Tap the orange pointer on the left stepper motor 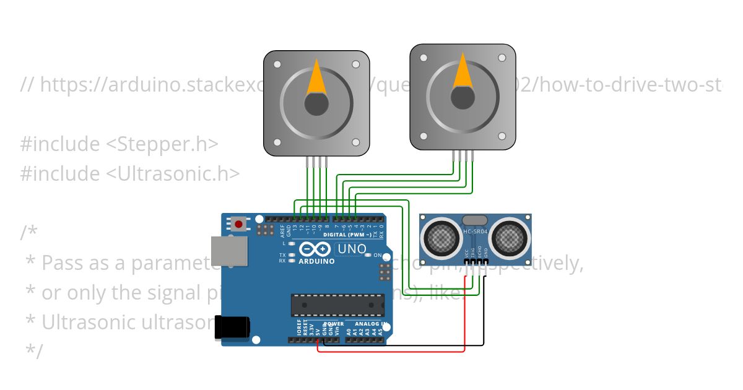pyautogui.click(x=316, y=78)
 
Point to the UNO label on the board pyautogui.click(x=350, y=249)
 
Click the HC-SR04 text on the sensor pyautogui.click(x=476, y=232)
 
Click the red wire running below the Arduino pyautogui.click(x=390, y=352)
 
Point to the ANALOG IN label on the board pyautogui.click(x=371, y=324)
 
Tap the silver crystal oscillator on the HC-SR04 pyautogui.click(x=475, y=220)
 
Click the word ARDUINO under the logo pyautogui.click(x=317, y=261)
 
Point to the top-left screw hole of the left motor pyautogui.click(x=277, y=64)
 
